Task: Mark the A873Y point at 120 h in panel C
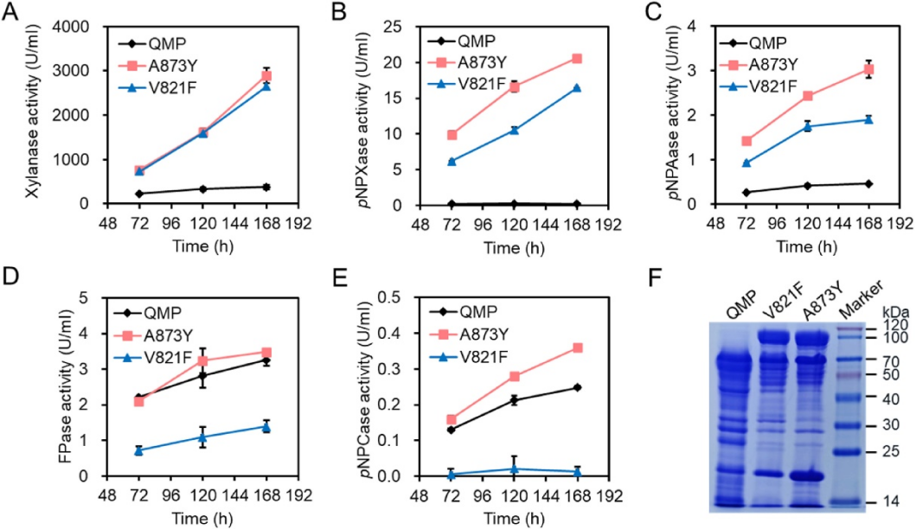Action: point(807,96)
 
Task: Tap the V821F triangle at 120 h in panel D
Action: point(202,437)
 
